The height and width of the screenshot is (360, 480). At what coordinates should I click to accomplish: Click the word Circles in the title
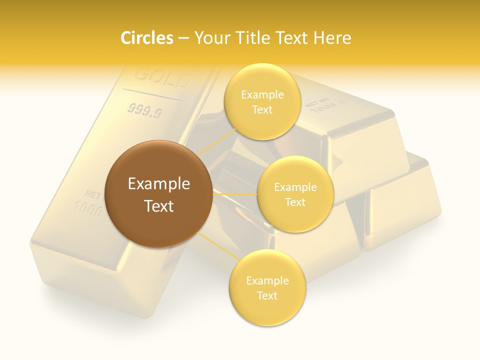(x=147, y=38)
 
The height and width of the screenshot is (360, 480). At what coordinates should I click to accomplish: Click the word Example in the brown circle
(x=159, y=184)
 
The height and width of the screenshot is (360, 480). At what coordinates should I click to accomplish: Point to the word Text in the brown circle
(x=159, y=206)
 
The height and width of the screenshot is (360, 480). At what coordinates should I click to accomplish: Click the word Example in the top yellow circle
(x=262, y=95)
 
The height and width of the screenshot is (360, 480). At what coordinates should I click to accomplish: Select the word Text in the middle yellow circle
(x=295, y=202)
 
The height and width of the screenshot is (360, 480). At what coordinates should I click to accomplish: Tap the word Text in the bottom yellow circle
(x=267, y=295)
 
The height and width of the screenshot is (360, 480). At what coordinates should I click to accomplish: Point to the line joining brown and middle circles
(x=235, y=193)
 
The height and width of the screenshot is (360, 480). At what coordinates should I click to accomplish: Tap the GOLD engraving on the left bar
(x=162, y=77)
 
